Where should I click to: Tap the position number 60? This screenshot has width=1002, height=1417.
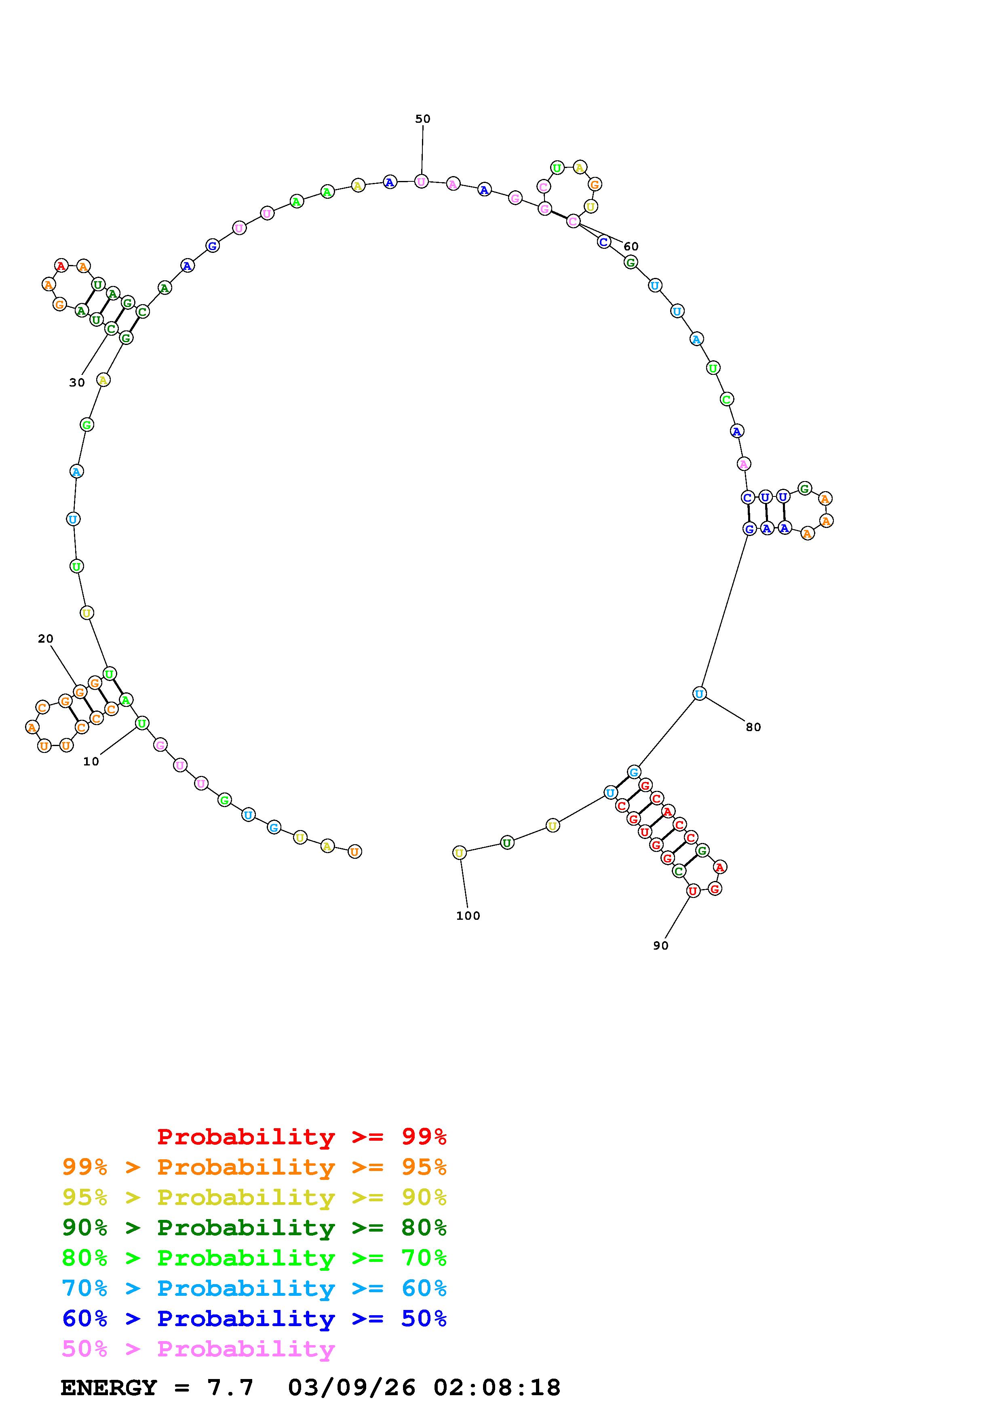630,246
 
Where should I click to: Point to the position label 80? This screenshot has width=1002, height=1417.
753,727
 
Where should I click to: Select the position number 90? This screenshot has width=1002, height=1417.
660,946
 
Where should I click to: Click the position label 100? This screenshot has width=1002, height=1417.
468,916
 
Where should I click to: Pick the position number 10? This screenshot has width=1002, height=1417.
91,761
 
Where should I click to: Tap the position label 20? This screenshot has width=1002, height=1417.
46,639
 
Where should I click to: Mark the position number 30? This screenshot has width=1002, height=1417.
76,383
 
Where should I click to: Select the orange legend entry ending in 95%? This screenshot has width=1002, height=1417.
254,1167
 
